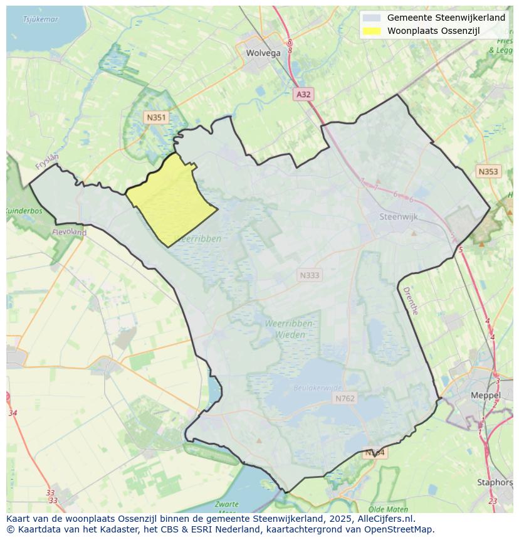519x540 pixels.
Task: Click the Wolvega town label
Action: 263,53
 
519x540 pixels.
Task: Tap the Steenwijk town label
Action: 399,217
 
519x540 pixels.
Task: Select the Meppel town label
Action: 485,396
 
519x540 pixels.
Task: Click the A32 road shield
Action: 303,94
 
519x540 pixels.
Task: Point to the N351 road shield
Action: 156,117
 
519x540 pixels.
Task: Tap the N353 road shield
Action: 488,171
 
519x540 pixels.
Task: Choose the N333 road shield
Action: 309,275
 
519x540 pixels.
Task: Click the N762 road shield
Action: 345,398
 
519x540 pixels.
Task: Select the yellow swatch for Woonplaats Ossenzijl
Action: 372,31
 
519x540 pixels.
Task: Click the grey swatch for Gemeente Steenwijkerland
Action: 372,18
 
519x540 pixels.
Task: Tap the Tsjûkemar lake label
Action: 40,19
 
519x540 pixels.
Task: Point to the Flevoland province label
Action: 70,232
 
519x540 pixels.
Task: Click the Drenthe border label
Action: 410,301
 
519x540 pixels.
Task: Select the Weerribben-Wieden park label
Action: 290,329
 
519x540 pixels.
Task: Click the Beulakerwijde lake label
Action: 318,388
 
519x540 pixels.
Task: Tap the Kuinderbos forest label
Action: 24,211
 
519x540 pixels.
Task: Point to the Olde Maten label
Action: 389,509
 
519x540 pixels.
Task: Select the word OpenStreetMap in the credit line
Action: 401,529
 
